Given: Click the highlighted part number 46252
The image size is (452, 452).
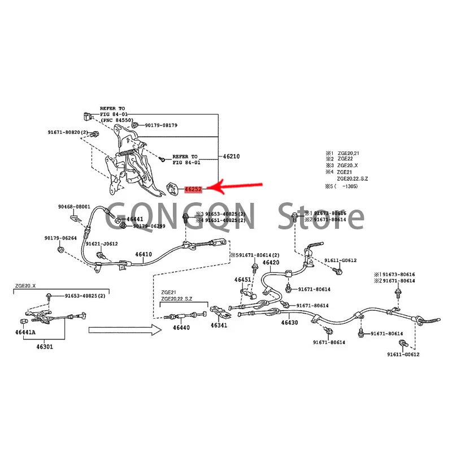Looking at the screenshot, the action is coord(193,188).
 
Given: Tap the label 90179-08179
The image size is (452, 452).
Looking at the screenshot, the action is coord(161,125).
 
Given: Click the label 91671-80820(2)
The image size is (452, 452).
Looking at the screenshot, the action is coord(68,133).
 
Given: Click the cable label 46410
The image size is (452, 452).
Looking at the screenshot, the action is coord(144,254).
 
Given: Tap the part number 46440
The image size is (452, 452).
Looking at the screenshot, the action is coord(181,327).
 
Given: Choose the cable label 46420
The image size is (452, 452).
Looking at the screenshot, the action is coord(271,262).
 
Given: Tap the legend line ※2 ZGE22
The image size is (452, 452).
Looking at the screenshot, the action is coord(342,159).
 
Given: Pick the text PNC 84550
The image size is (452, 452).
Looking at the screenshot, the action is coord(118,120).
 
